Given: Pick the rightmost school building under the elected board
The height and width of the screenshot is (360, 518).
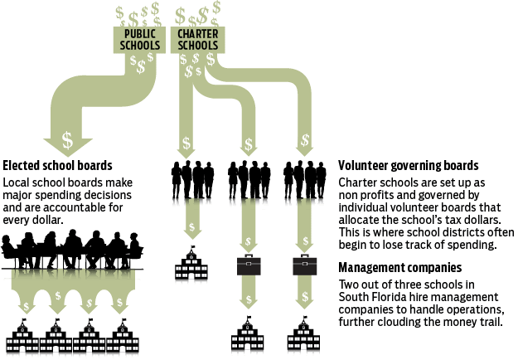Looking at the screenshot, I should tap(125, 341).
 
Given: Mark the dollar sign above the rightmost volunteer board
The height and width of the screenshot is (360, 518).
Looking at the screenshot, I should tap(304, 138).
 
